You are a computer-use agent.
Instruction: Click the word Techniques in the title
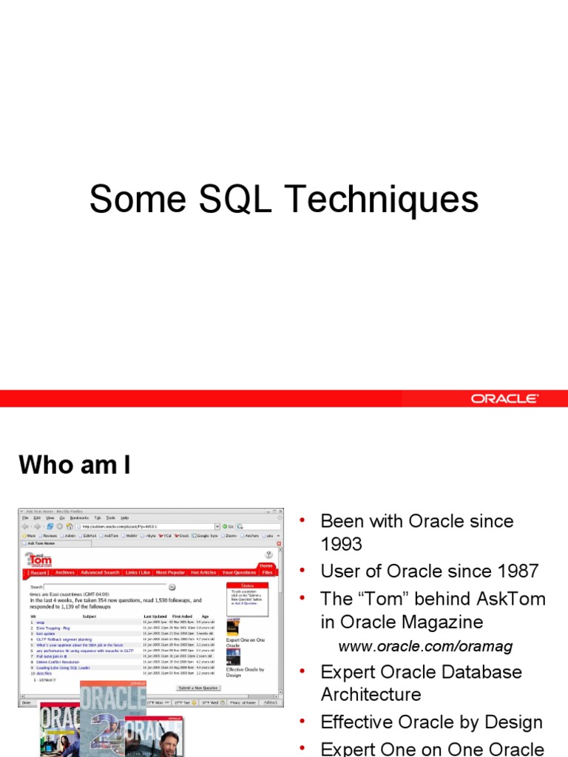pos(382,200)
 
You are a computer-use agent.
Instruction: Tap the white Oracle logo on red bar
pos(505,398)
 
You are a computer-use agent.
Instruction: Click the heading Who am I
pos(74,465)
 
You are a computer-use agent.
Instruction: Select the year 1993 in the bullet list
pos(341,544)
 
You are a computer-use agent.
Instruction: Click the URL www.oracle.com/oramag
pos(425,647)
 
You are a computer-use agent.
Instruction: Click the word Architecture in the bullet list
pos(371,694)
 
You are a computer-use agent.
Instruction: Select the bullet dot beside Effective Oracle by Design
pos(302,722)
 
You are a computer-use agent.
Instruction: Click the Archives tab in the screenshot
pos(65,572)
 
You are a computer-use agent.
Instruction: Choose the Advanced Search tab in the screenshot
pos(100,572)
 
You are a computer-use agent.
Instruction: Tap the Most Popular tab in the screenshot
pos(171,572)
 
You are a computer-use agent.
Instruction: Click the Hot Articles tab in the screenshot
pos(203,572)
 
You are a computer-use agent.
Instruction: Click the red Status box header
pos(248,585)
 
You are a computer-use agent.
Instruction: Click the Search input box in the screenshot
pos(104,586)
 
